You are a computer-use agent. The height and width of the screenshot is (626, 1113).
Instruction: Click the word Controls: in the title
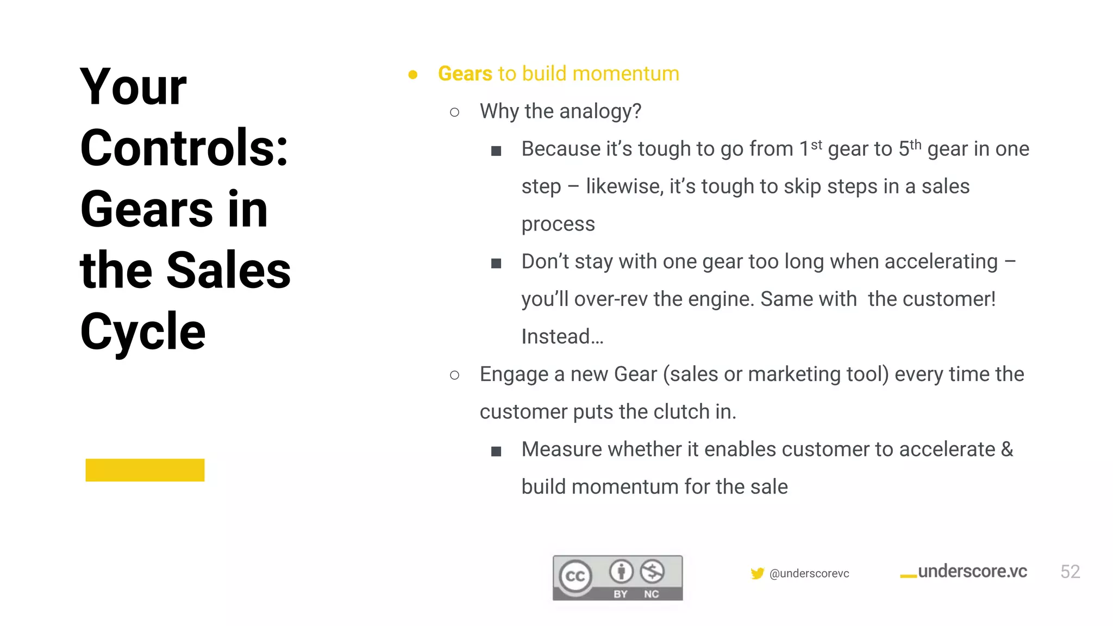[x=184, y=148]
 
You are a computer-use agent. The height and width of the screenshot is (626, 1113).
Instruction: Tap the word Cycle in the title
[x=142, y=331]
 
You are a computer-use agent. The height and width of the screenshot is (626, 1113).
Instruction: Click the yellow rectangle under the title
[x=145, y=470]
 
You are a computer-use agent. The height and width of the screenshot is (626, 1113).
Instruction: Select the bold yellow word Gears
[x=465, y=73]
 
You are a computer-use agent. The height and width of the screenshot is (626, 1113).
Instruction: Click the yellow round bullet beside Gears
[x=413, y=74]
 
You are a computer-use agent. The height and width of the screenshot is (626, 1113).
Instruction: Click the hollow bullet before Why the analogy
[x=455, y=112]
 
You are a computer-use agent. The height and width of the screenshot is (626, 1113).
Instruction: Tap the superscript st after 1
[x=816, y=145]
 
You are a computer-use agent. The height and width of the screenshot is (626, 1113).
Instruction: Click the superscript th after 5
[x=916, y=145]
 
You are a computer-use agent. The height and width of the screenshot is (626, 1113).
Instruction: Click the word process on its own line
[x=558, y=224]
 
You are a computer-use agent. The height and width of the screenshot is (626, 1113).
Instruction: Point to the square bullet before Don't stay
[x=496, y=264]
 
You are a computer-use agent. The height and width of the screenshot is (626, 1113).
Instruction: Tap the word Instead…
[x=562, y=336]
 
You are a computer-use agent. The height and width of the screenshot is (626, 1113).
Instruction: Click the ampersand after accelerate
[x=1007, y=449]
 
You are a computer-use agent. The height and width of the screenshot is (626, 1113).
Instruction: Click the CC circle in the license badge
[x=576, y=576]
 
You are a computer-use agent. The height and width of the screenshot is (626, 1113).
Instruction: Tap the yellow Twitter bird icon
[x=757, y=573]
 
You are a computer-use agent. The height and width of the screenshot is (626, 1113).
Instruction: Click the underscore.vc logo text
[x=972, y=571]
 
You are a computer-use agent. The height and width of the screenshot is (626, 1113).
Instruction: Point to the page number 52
[x=1070, y=572]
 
